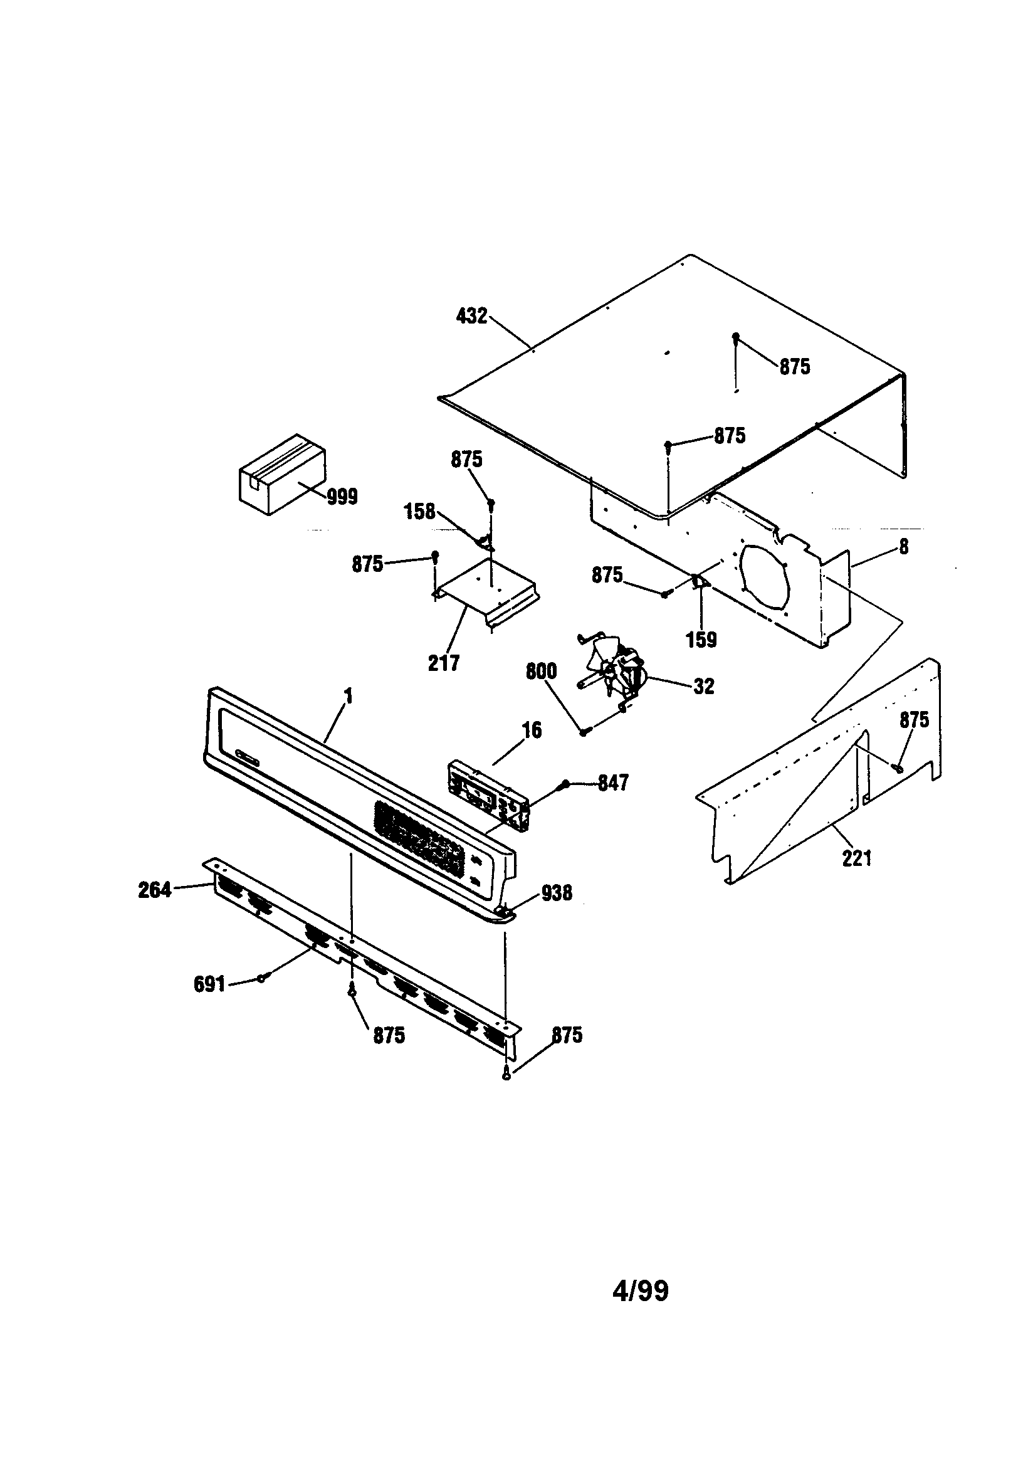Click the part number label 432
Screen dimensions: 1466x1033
click(472, 316)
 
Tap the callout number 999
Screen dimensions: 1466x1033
click(342, 497)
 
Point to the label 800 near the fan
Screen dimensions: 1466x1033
click(541, 671)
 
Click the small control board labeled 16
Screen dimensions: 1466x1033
click(489, 796)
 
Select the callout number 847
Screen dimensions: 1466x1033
click(613, 783)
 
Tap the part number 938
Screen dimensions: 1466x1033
click(556, 894)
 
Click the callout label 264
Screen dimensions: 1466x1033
click(154, 889)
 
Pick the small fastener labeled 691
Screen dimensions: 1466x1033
click(261, 978)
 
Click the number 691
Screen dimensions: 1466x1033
click(209, 984)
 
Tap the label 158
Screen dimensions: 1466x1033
click(419, 512)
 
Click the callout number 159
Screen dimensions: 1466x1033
click(701, 640)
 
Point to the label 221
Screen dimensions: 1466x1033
click(856, 858)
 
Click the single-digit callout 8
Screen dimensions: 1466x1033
click(903, 547)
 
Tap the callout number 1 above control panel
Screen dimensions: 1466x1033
click(349, 696)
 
